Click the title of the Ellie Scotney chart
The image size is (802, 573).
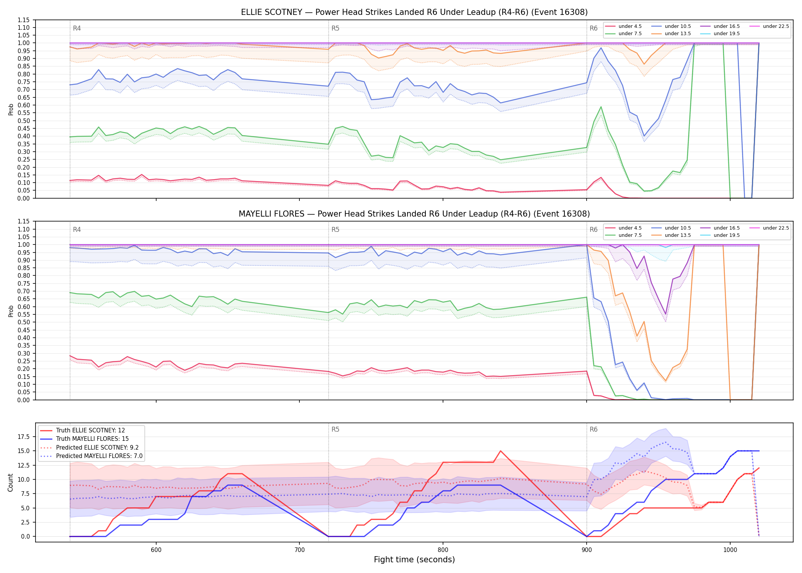tap(414, 12)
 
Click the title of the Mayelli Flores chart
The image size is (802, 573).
tap(414, 214)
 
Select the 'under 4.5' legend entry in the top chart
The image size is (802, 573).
tap(623, 26)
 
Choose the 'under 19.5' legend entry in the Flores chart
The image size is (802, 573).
tap(720, 235)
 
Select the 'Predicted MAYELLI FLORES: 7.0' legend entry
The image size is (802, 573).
tap(91, 456)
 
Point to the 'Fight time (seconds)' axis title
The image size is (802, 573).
tap(414, 560)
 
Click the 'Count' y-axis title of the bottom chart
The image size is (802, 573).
tap(10, 482)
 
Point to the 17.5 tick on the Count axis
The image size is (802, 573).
tap(25, 437)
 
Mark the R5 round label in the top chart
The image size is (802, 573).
tap(335, 28)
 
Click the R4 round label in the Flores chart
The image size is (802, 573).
tap(77, 230)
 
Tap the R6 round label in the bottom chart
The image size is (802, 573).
tap(593, 429)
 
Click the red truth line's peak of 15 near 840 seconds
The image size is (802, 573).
tap(500, 451)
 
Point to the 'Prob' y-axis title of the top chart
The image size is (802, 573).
tap(11, 110)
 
